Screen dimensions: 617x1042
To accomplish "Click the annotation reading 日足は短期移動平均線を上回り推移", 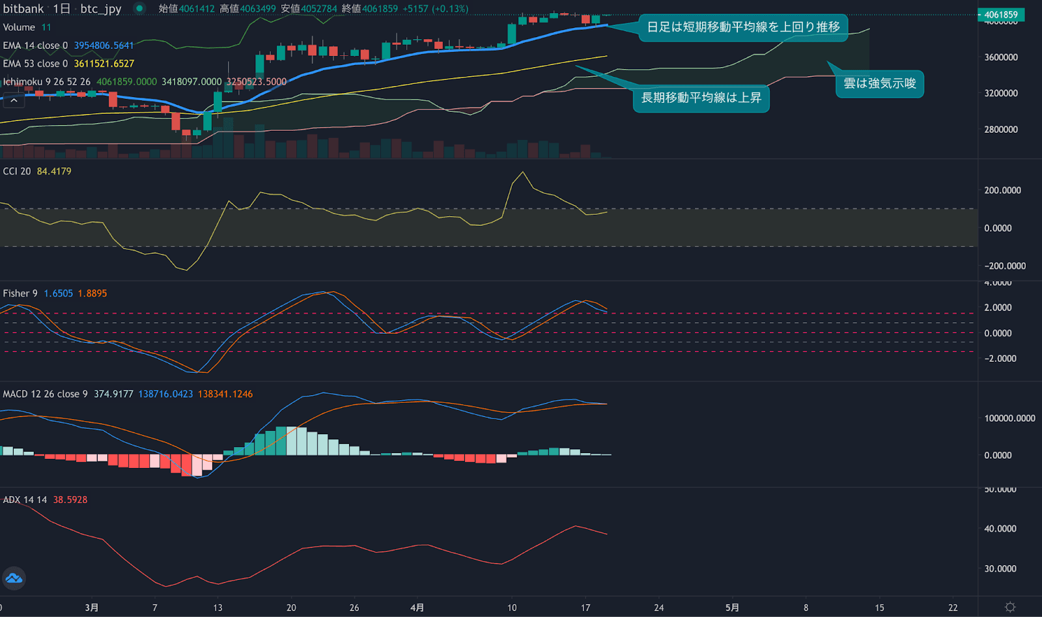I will pyautogui.click(x=743, y=27).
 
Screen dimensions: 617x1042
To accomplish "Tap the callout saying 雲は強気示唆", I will pyautogui.click(x=879, y=83).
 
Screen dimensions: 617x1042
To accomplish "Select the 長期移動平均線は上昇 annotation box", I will pyautogui.click(x=701, y=98).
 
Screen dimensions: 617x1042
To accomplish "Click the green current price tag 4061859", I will pyautogui.click(x=1000, y=14).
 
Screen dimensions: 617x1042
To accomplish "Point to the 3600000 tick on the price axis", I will pyautogui.click(x=1000, y=57).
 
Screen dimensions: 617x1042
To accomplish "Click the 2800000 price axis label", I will pyautogui.click(x=1000, y=130).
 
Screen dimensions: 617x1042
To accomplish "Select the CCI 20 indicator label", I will pyautogui.click(x=17, y=171).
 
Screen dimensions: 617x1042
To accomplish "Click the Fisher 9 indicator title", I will pyautogui.click(x=20, y=294).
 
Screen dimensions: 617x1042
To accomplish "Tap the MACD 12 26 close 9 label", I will pyautogui.click(x=45, y=394).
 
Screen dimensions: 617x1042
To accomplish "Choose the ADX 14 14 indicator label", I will pyautogui.click(x=25, y=500).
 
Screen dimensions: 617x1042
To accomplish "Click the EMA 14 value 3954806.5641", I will pyautogui.click(x=104, y=46).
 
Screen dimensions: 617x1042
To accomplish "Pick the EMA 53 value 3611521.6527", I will pyautogui.click(x=104, y=64).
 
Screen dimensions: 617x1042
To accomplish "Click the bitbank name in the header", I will pyautogui.click(x=23, y=9).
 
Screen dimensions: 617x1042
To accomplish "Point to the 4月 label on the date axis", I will pyautogui.click(x=417, y=607).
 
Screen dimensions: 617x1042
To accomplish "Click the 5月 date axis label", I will pyautogui.click(x=732, y=607).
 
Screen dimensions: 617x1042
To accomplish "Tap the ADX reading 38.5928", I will pyautogui.click(x=70, y=500).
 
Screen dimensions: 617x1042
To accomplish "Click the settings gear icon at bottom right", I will pyautogui.click(x=1010, y=607).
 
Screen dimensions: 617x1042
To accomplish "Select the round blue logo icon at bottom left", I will pyautogui.click(x=14, y=578).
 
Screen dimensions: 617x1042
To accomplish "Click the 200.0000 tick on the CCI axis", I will pyautogui.click(x=1002, y=191).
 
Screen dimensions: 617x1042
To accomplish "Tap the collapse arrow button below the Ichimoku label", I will pyautogui.click(x=14, y=100).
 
